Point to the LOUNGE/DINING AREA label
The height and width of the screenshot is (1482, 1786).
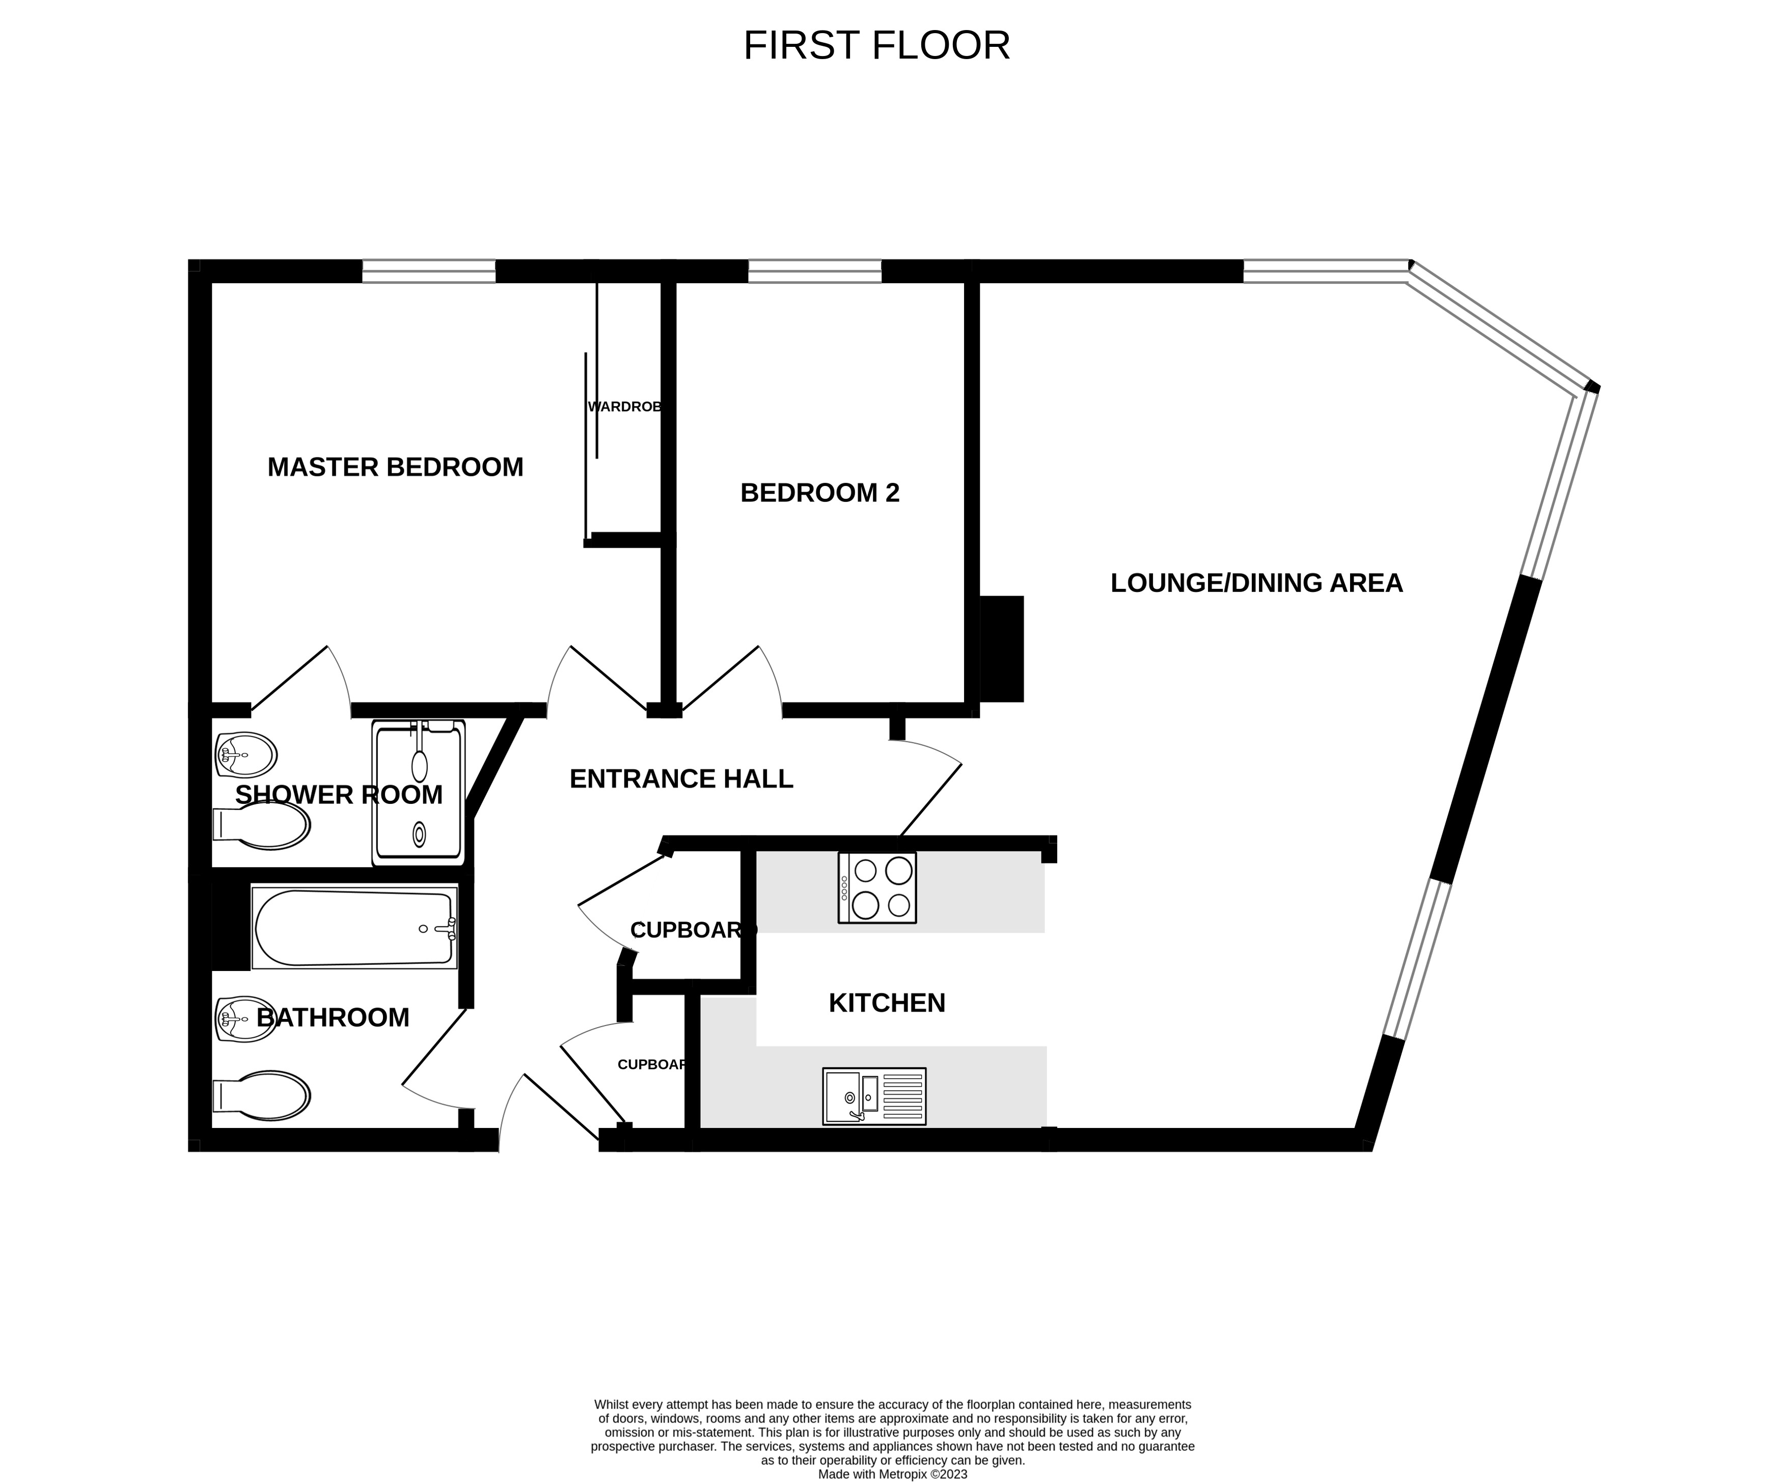pos(1256,583)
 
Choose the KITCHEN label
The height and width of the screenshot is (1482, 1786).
pos(886,1003)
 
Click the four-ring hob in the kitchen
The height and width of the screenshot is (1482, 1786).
pos(877,887)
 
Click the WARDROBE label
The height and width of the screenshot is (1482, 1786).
pos(624,407)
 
